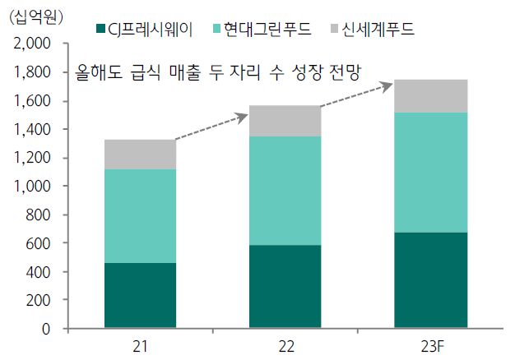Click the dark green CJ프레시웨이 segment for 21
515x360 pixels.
coord(139,296)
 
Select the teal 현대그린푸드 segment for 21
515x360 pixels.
coord(139,216)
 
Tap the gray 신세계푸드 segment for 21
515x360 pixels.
coord(139,155)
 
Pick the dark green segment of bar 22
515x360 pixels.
coord(285,287)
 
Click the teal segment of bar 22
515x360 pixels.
coord(285,191)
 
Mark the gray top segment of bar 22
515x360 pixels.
coord(285,121)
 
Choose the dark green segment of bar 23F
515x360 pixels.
coord(431,280)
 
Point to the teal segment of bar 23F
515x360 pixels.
coord(431,173)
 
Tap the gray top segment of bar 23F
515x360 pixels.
coord(431,96)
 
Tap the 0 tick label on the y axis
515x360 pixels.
coord(47,329)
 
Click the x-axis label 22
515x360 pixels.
coord(285,347)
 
